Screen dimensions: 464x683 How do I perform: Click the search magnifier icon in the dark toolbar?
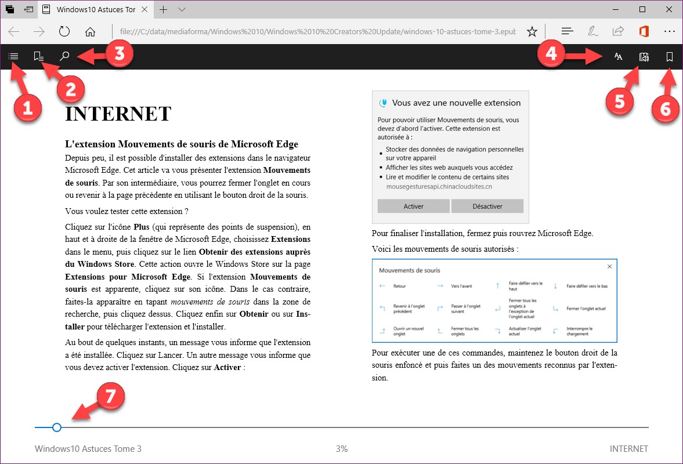tap(65, 56)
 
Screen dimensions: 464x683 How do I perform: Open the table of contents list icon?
tap(13, 56)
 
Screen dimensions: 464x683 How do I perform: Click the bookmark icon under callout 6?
tap(670, 57)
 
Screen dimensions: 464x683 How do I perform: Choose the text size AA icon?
tap(619, 57)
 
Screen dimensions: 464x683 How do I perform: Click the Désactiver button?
tap(487, 206)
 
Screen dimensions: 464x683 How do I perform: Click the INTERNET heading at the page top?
tap(118, 114)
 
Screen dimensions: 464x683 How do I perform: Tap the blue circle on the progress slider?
tap(56, 427)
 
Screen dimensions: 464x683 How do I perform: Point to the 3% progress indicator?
tap(341, 448)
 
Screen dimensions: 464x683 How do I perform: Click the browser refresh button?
tap(64, 31)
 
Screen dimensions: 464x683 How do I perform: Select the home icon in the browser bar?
tap(90, 31)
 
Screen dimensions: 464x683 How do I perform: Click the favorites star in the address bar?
tap(532, 31)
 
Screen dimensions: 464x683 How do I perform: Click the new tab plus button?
tap(164, 9)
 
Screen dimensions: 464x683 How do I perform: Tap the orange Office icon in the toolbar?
tap(643, 31)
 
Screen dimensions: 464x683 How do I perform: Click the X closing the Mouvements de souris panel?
tap(609, 267)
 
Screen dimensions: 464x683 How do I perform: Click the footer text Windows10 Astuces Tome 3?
tap(88, 448)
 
